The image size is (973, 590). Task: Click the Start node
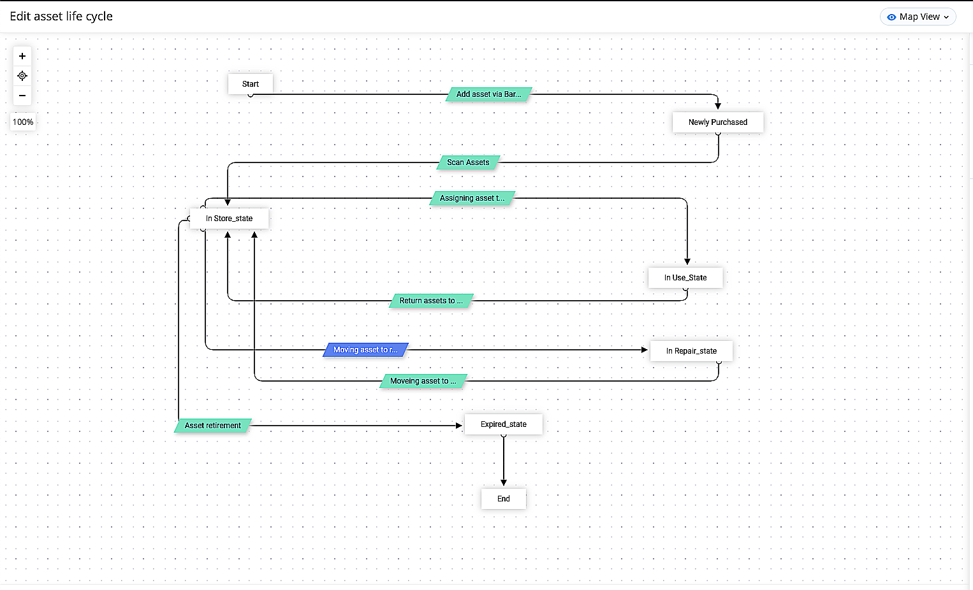250,84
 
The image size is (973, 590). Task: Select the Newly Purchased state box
717,122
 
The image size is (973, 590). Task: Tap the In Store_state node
229,219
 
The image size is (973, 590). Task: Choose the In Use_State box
685,277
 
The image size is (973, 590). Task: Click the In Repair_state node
691,351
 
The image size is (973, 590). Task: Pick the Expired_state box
504,424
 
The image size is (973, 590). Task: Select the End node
504,498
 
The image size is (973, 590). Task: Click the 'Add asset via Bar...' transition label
488,94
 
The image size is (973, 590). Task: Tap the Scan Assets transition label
468,162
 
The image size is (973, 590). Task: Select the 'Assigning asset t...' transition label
472,198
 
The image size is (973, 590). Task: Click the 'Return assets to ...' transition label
431,301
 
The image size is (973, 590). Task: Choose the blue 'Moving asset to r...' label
365,350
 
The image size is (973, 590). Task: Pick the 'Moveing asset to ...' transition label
423,381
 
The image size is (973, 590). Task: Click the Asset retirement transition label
212,426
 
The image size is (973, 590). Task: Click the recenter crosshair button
22,76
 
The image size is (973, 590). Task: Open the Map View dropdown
918,17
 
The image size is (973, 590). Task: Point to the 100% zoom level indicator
22,122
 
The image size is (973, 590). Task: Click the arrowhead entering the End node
504,483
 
